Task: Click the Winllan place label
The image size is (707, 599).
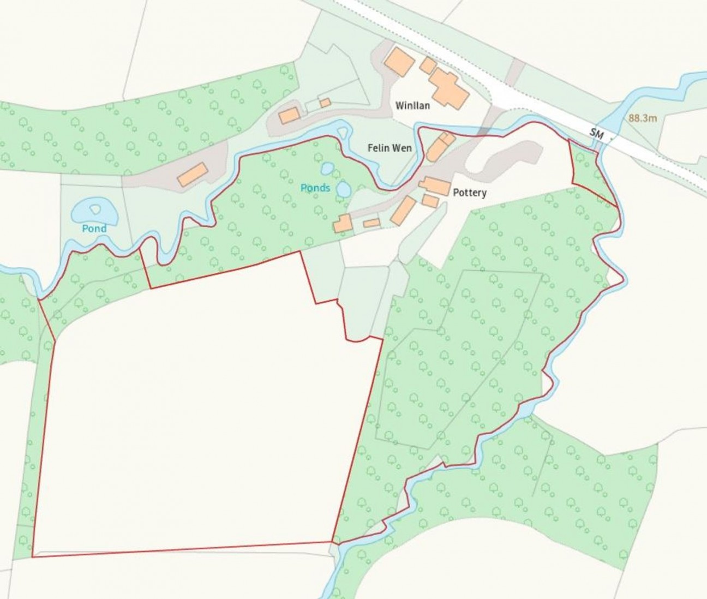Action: tap(412, 105)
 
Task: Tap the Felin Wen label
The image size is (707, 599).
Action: tap(390, 148)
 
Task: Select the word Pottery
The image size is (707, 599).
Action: tap(469, 193)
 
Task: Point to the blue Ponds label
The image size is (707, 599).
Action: tap(315, 188)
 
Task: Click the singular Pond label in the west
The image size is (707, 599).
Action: tap(94, 228)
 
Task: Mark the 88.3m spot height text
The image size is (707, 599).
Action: tap(643, 118)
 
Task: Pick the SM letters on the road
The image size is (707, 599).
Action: tap(597, 133)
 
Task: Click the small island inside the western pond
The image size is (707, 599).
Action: tap(96, 209)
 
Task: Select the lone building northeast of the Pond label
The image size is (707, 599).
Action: tap(192, 174)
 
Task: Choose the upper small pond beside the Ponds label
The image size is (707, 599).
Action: tap(328, 169)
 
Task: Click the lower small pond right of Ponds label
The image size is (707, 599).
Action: tap(343, 189)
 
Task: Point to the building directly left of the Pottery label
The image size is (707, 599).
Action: tap(435, 185)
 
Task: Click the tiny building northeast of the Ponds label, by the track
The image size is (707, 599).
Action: tap(325, 103)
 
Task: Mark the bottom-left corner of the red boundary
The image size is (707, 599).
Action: tap(32, 556)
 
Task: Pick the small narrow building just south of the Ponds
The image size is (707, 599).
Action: tap(372, 223)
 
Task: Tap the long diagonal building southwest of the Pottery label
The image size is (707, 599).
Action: tap(403, 211)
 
